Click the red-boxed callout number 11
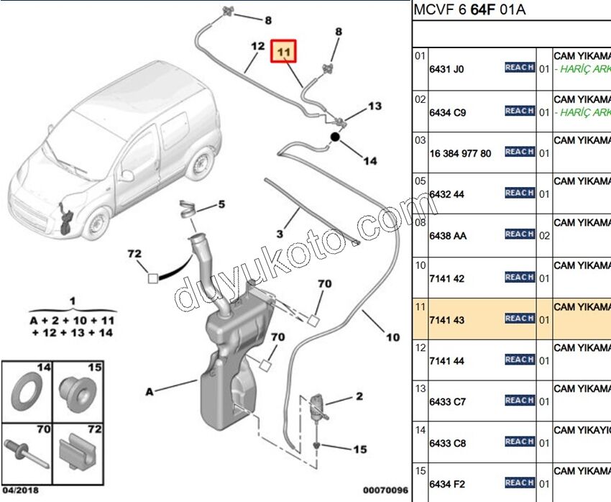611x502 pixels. pos(283,52)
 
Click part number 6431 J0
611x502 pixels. pos(446,70)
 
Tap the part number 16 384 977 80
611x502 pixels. pos(460,153)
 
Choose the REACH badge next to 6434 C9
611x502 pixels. pos(519,111)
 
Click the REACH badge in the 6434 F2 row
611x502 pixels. pos(519,483)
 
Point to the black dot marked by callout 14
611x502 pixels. pos(335,136)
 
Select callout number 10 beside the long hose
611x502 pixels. pos(392,337)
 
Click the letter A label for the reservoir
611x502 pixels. pos(150,392)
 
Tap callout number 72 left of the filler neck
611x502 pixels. pos(135,254)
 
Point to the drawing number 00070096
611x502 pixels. pos(384,490)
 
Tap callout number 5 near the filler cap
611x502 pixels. pos(221,205)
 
